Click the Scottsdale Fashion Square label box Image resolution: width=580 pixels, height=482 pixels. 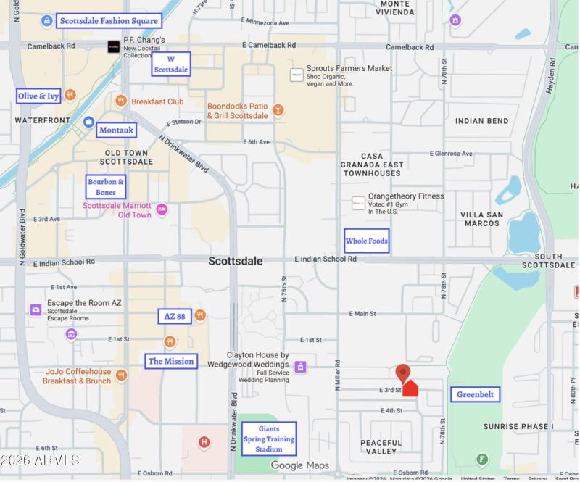click(x=109, y=20)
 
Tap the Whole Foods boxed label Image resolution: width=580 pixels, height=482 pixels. click(x=366, y=241)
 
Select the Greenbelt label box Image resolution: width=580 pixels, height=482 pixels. click(x=475, y=394)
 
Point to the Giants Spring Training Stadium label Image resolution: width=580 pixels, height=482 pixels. click(x=268, y=439)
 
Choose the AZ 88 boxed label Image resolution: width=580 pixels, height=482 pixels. click(x=175, y=316)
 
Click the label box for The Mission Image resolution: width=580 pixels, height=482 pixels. click(x=171, y=361)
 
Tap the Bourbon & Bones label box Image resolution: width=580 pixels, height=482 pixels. click(x=106, y=187)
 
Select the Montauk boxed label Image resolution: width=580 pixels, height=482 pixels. click(x=116, y=130)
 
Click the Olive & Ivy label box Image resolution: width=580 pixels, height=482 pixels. click(x=38, y=96)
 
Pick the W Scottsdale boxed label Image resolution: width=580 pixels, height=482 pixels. click(x=171, y=64)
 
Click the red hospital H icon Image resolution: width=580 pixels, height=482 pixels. click(x=204, y=441)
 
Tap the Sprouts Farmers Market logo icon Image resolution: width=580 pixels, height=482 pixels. click(x=297, y=75)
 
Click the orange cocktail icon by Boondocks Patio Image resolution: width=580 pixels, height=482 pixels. click(x=278, y=110)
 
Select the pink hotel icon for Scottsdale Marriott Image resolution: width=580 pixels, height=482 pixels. click(x=162, y=209)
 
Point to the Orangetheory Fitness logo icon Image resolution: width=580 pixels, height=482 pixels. click(x=358, y=203)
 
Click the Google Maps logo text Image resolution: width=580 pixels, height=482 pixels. click(x=299, y=465)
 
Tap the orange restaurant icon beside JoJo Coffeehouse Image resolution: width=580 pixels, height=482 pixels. click(x=121, y=375)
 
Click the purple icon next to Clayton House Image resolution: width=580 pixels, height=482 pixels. click(x=300, y=367)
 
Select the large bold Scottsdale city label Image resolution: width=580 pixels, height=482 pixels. click(x=235, y=261)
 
